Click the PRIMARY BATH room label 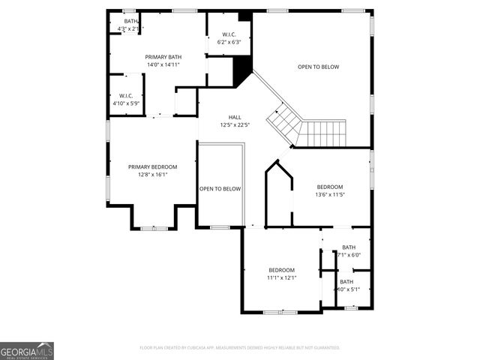click(163, 57)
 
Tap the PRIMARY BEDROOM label click(152, 166)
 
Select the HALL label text click(234, 117)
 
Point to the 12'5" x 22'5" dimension click(234, 125)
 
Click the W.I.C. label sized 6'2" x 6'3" click(229, 34)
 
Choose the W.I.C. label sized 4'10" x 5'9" click(125, 95)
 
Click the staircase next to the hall click(307, 129)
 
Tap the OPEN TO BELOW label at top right click(318, 67)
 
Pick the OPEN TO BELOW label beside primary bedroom click(220, 189)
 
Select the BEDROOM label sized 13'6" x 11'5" click(329, 187)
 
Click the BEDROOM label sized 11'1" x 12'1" click(281, 270)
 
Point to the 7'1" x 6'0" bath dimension click(349, 255)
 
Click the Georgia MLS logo click(27, 351)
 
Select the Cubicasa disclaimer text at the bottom click(240, 348)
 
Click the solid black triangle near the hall click(241, 73)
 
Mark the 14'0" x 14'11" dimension click(163, 64)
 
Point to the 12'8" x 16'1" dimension click(152, 175)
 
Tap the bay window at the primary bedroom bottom click(154, 226)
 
